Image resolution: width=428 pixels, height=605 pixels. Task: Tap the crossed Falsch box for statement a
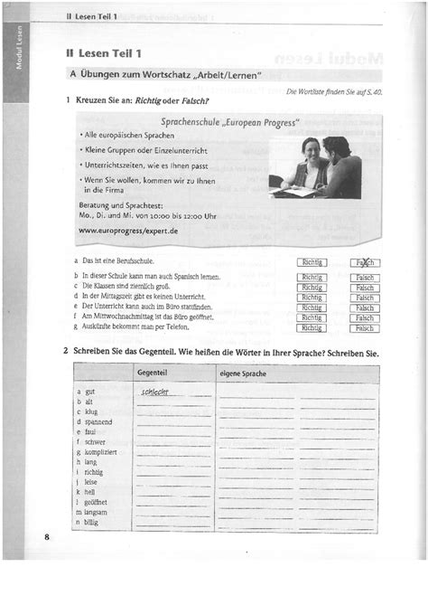tap(365, 263)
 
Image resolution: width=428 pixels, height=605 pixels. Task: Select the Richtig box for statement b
tap(312, 275)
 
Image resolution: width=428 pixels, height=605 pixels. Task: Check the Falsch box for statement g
tap(365, 329)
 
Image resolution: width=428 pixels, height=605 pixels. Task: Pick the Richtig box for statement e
tap(312, 307)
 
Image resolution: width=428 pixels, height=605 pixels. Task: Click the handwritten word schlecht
tap(163, 392)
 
